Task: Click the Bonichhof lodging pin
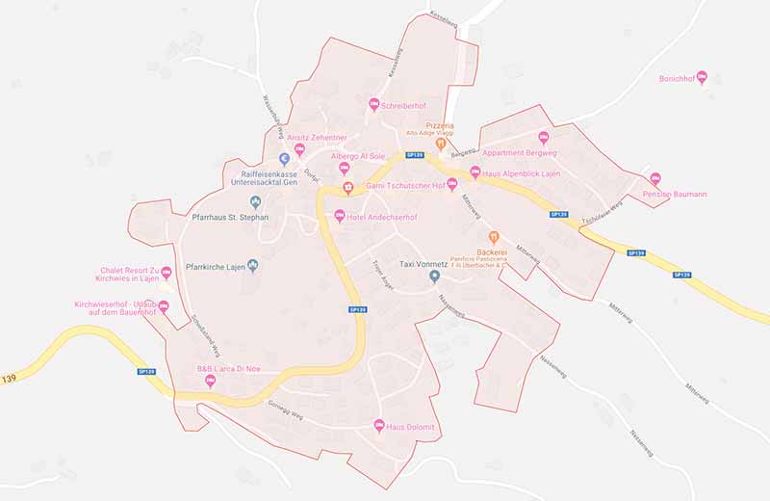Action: [x=702, y=76]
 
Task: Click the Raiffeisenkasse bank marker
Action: [x=284, y=159]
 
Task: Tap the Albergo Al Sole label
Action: [x=357, y=155]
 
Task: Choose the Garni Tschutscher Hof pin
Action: [x=452, y=185]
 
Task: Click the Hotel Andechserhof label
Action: [x=382, y=217]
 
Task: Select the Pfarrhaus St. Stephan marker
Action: [x=255, y=201]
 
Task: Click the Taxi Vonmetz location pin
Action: [x=434, y=277]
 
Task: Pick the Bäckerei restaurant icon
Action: [x=494, y=237]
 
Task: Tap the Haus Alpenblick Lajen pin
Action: [x=474, y=172]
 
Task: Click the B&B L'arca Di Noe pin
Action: [x=211, y=382]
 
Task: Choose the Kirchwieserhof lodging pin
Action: [x=163, y=307]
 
